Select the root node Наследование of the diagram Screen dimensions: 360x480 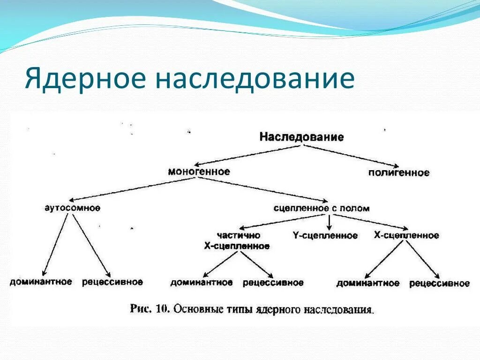pyautogui.click(x=301, y=137)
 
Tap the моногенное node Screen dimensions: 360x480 pyautogui.click(x=199, y=172)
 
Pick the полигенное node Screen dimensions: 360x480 pyautogui.click(x=398, y=173)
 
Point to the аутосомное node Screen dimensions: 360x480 pyautogui.click(x=72, y=208)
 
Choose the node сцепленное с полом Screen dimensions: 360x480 pyautogui.click(x=322, y=208)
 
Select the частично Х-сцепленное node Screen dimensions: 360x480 pyautogui.click(x=237, y=240)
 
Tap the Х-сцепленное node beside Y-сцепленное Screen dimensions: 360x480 pyautogui.click(x=406, y=235)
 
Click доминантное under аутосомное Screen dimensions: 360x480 pyautogui.click(x=41, y=282)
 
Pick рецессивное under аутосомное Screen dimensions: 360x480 pyautogui.click(x=112, y=282)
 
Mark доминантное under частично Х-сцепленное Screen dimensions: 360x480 pyautogui.click(x=202, y=283)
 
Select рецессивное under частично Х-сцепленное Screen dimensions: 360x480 pyautogui.click(x=273, y=283)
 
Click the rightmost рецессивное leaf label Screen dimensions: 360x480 pyautogui.click(x=439, y=283)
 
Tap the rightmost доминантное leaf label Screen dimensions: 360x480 pyautogui.click(x=368, y=283)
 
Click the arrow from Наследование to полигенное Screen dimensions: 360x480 pyautogui.click(x=349, y=156)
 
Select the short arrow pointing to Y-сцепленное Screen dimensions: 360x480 pyautogui.click(x=330, y=222)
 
